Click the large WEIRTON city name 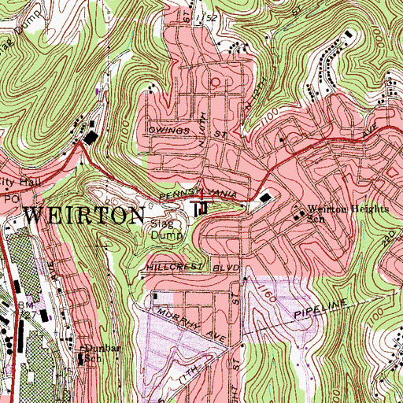pos(85,215)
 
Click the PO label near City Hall pos(9,203)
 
